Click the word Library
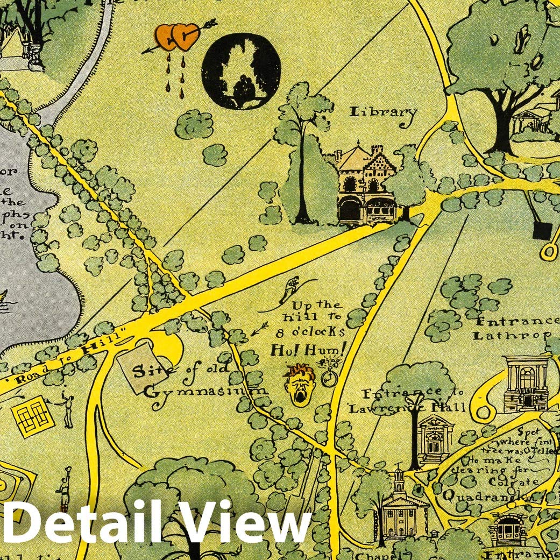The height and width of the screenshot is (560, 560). click(x=383, y=112)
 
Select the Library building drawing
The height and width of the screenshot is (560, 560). click(x=366, y=183)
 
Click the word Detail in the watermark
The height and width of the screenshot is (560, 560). click(x=81, y=524)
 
